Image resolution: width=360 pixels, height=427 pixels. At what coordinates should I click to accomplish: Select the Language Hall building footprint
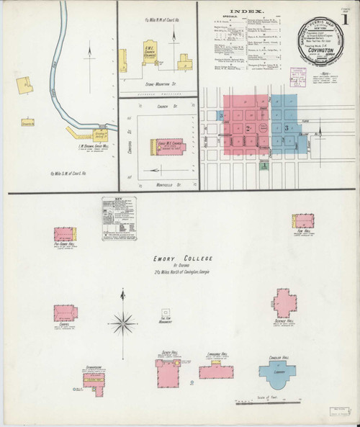(216, 372)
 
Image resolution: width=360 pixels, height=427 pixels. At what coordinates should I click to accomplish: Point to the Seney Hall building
(168, 373)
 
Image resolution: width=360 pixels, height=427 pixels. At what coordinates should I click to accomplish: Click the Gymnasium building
(94, 381)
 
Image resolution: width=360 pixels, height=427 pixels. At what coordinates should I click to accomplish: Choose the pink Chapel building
(64, 313)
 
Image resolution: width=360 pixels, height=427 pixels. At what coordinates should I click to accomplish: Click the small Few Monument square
(165, 313)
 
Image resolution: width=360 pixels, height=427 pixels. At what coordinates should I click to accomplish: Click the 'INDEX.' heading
(246, 12)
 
